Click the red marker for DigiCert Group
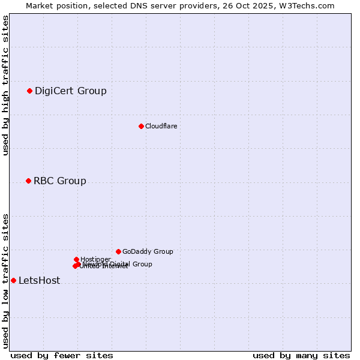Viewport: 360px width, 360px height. tap(29, 91)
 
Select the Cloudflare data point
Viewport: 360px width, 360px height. tap(141, 126)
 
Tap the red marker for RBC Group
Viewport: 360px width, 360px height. tap(28, 181)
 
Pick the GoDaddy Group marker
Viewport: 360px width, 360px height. tap(118, 251)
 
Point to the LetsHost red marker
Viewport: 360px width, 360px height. tap(13, 280)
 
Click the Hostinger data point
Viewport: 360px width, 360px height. tap(76, 259)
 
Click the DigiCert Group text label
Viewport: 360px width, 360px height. tap(70, 91)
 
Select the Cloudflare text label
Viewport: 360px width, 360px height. tap(161, 126)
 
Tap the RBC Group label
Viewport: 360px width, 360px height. tap(59, 181)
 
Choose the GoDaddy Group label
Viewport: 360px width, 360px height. tap(148, 252)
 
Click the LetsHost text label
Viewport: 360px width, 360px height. tap(39, 281)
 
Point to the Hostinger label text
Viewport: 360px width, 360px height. tap(95, 259)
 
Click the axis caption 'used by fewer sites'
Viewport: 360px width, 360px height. tap(62, 355)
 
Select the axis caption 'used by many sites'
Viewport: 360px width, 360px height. tap(301, 355)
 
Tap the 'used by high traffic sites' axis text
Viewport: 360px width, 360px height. tap(5, 85)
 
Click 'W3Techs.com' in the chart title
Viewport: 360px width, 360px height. tap(309, 5)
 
